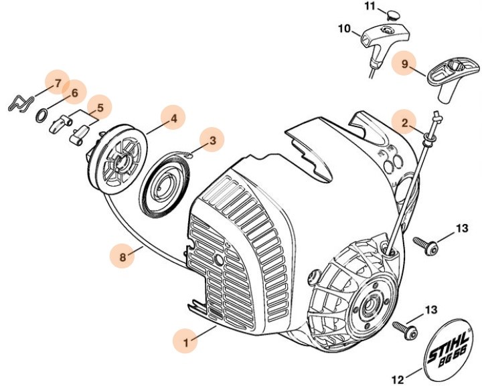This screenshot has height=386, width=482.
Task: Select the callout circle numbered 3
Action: [212, 140]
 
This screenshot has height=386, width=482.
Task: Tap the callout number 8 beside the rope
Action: [123, 255]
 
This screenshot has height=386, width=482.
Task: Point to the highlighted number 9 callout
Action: [404, 64]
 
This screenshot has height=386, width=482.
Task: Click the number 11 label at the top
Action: [370, 6]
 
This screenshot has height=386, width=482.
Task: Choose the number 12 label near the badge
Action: [397, 379]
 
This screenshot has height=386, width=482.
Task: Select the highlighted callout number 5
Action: [100, 107]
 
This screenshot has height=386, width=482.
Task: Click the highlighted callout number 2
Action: [404, 122]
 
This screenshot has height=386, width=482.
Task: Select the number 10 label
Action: [343, 29]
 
